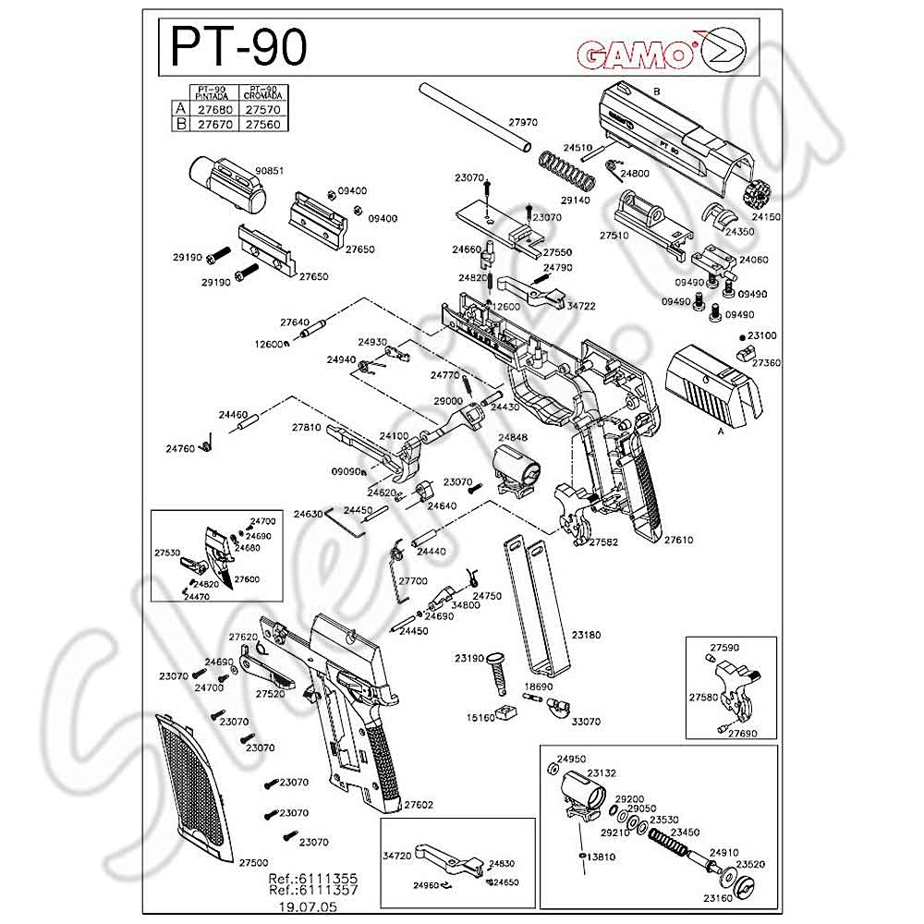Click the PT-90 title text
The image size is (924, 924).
pos(237,45)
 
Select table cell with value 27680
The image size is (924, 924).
pos(212,107)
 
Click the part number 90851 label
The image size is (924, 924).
pos(269,170)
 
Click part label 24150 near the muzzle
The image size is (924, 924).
pos(766,216)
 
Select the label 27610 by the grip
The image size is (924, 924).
pos(678,539)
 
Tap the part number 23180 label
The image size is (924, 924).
pos(586,635)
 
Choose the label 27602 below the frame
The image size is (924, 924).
pos(419,805)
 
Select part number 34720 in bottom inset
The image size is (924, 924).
pos(396,857)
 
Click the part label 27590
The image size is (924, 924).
pos(724,648)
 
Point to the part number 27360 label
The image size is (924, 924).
pos(766,363)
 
